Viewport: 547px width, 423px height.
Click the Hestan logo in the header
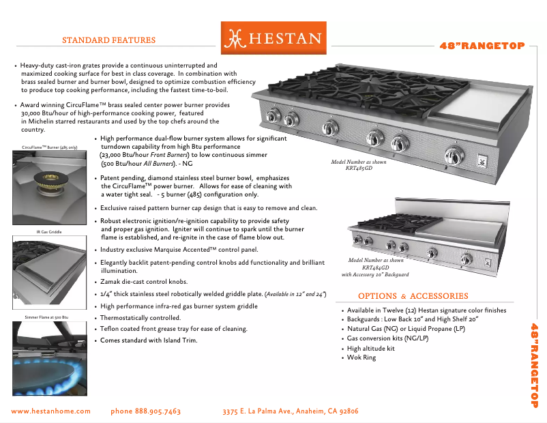click(273, 38)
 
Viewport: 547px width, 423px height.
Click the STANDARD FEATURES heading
click(108, 40)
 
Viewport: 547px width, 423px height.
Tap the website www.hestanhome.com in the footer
click(51, 411)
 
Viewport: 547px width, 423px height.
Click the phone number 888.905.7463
click(145, 411)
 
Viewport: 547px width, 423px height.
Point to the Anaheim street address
click(291, 411)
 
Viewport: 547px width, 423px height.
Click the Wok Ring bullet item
click(361, 358)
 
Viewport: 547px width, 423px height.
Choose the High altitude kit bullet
click(370, 348)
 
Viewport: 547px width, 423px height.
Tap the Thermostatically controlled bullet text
click(141, 318)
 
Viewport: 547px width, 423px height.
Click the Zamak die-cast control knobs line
click(144, 282)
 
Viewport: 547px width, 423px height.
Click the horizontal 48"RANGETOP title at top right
click(482, 46)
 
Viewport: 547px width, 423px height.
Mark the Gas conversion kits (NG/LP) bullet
click(387, 338)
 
